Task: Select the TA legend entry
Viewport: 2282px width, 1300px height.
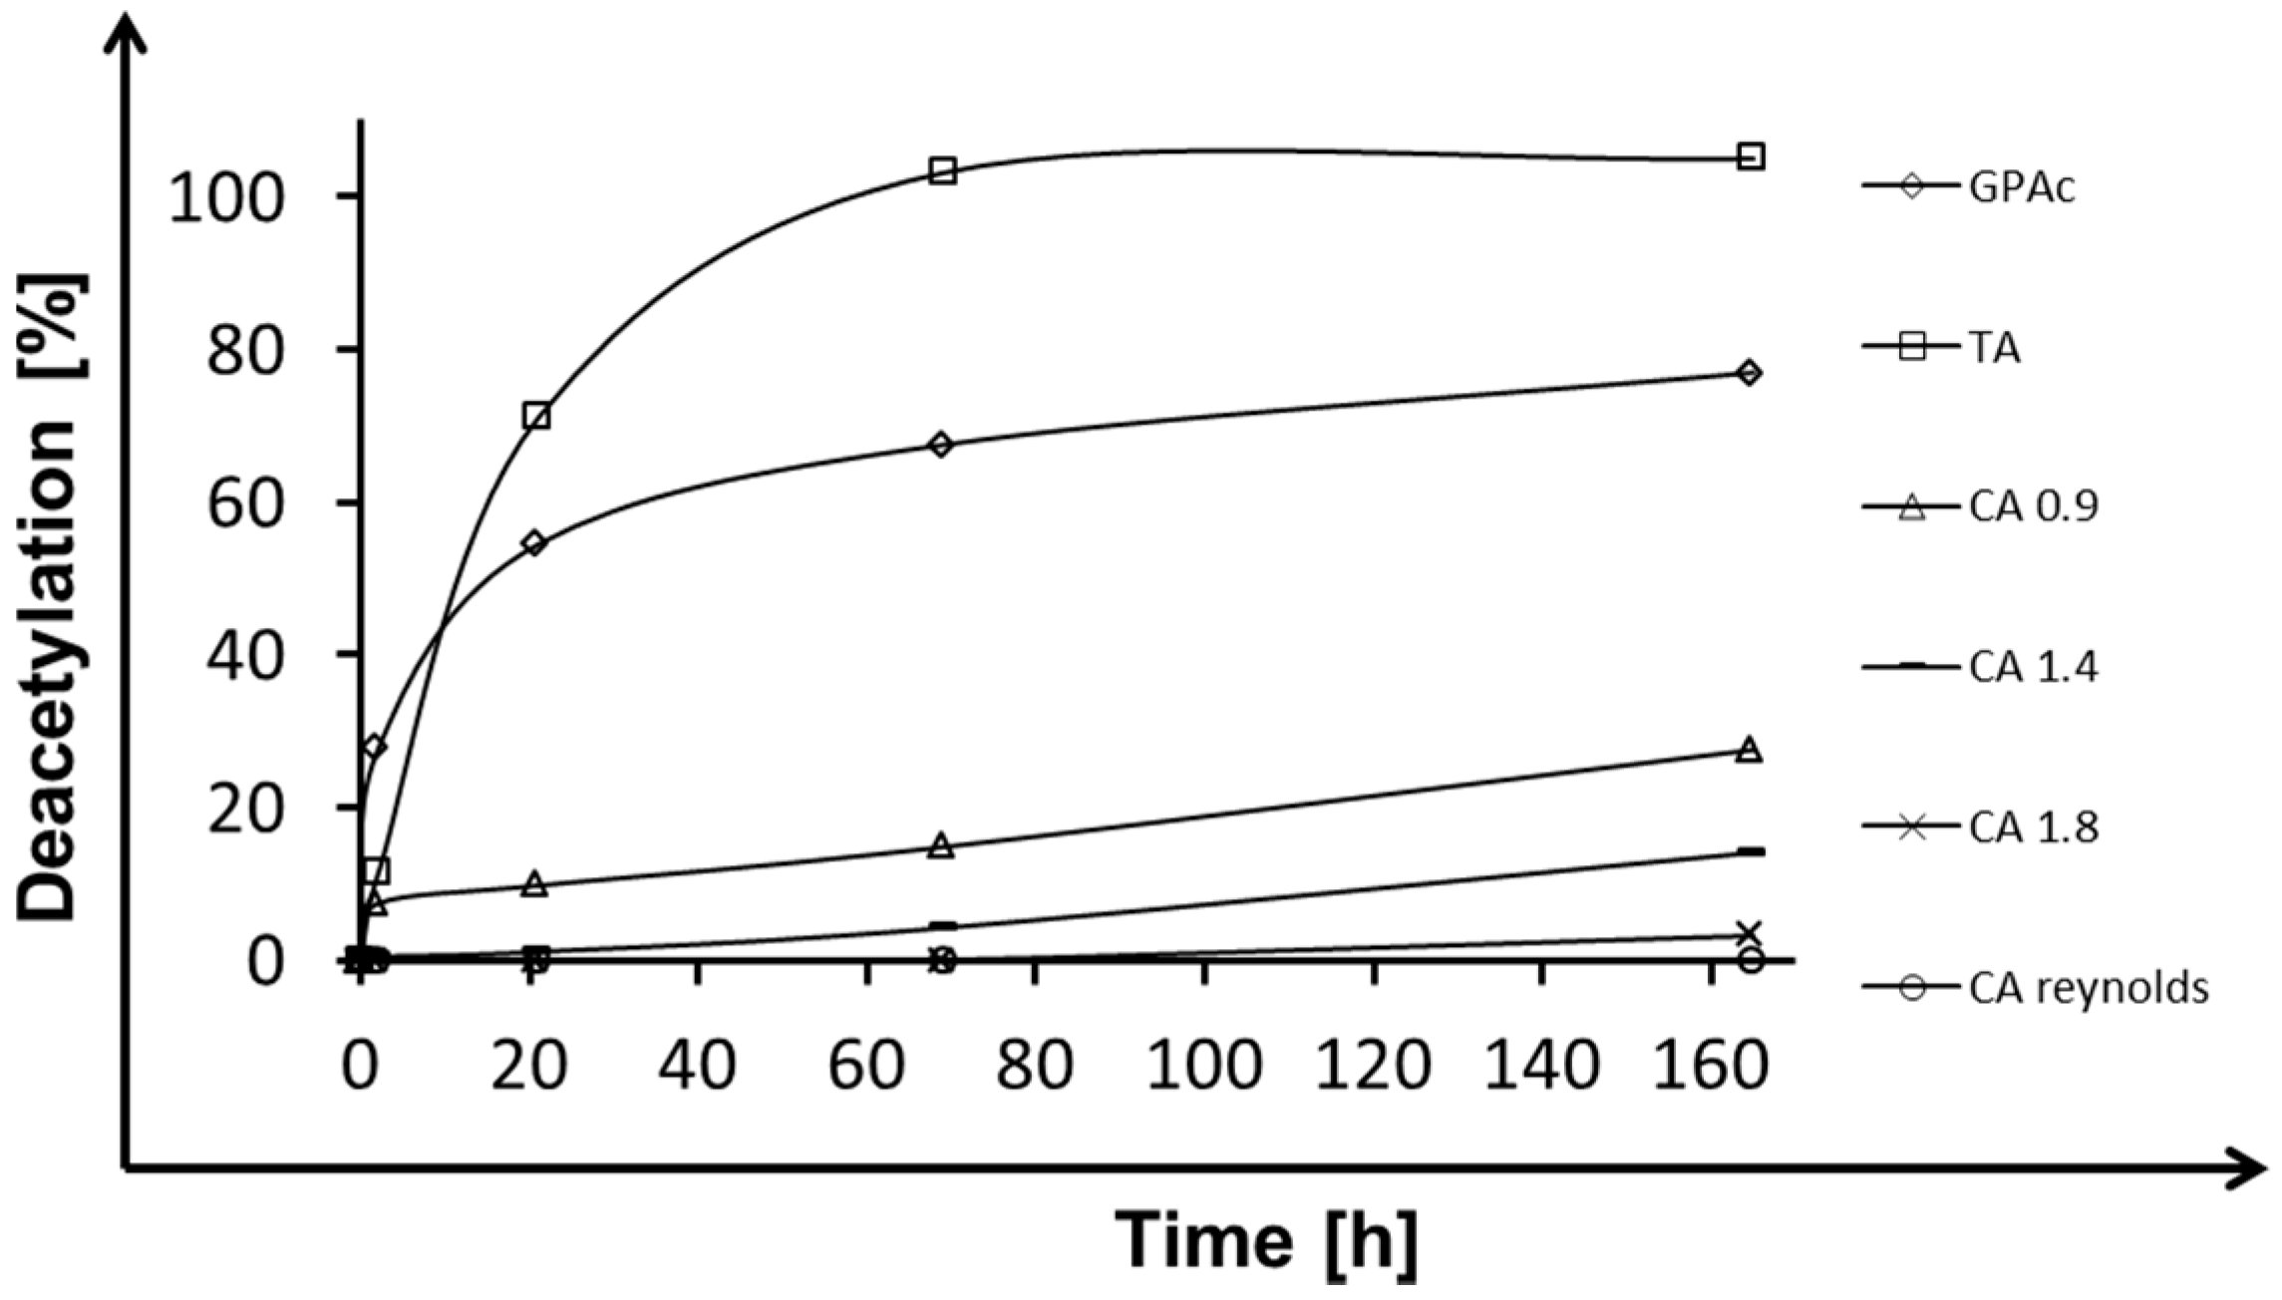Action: point(1994,348)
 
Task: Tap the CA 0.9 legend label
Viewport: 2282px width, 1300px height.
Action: point(2033,507)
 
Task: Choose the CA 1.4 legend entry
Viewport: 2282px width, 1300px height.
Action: point(2033,667)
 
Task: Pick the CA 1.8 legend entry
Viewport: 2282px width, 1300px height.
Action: point(2033,827)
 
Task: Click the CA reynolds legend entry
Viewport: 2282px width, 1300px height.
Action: point(2088,988)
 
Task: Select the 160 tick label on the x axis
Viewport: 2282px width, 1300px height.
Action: point(1711,1066)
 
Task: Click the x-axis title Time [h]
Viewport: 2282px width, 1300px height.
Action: point(1265,1239)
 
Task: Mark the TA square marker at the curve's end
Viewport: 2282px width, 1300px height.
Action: point(1751,157)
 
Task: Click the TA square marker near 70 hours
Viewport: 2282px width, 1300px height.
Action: point(942,171)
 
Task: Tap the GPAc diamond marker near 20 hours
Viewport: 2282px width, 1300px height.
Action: point(534,543)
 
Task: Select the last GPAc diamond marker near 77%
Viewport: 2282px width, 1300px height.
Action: point(1749,373)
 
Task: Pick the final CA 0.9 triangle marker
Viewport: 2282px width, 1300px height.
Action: point(1750,751)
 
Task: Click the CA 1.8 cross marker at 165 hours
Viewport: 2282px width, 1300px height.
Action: point(1750,933)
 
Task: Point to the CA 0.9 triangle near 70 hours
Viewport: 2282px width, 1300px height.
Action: point(942,846)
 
